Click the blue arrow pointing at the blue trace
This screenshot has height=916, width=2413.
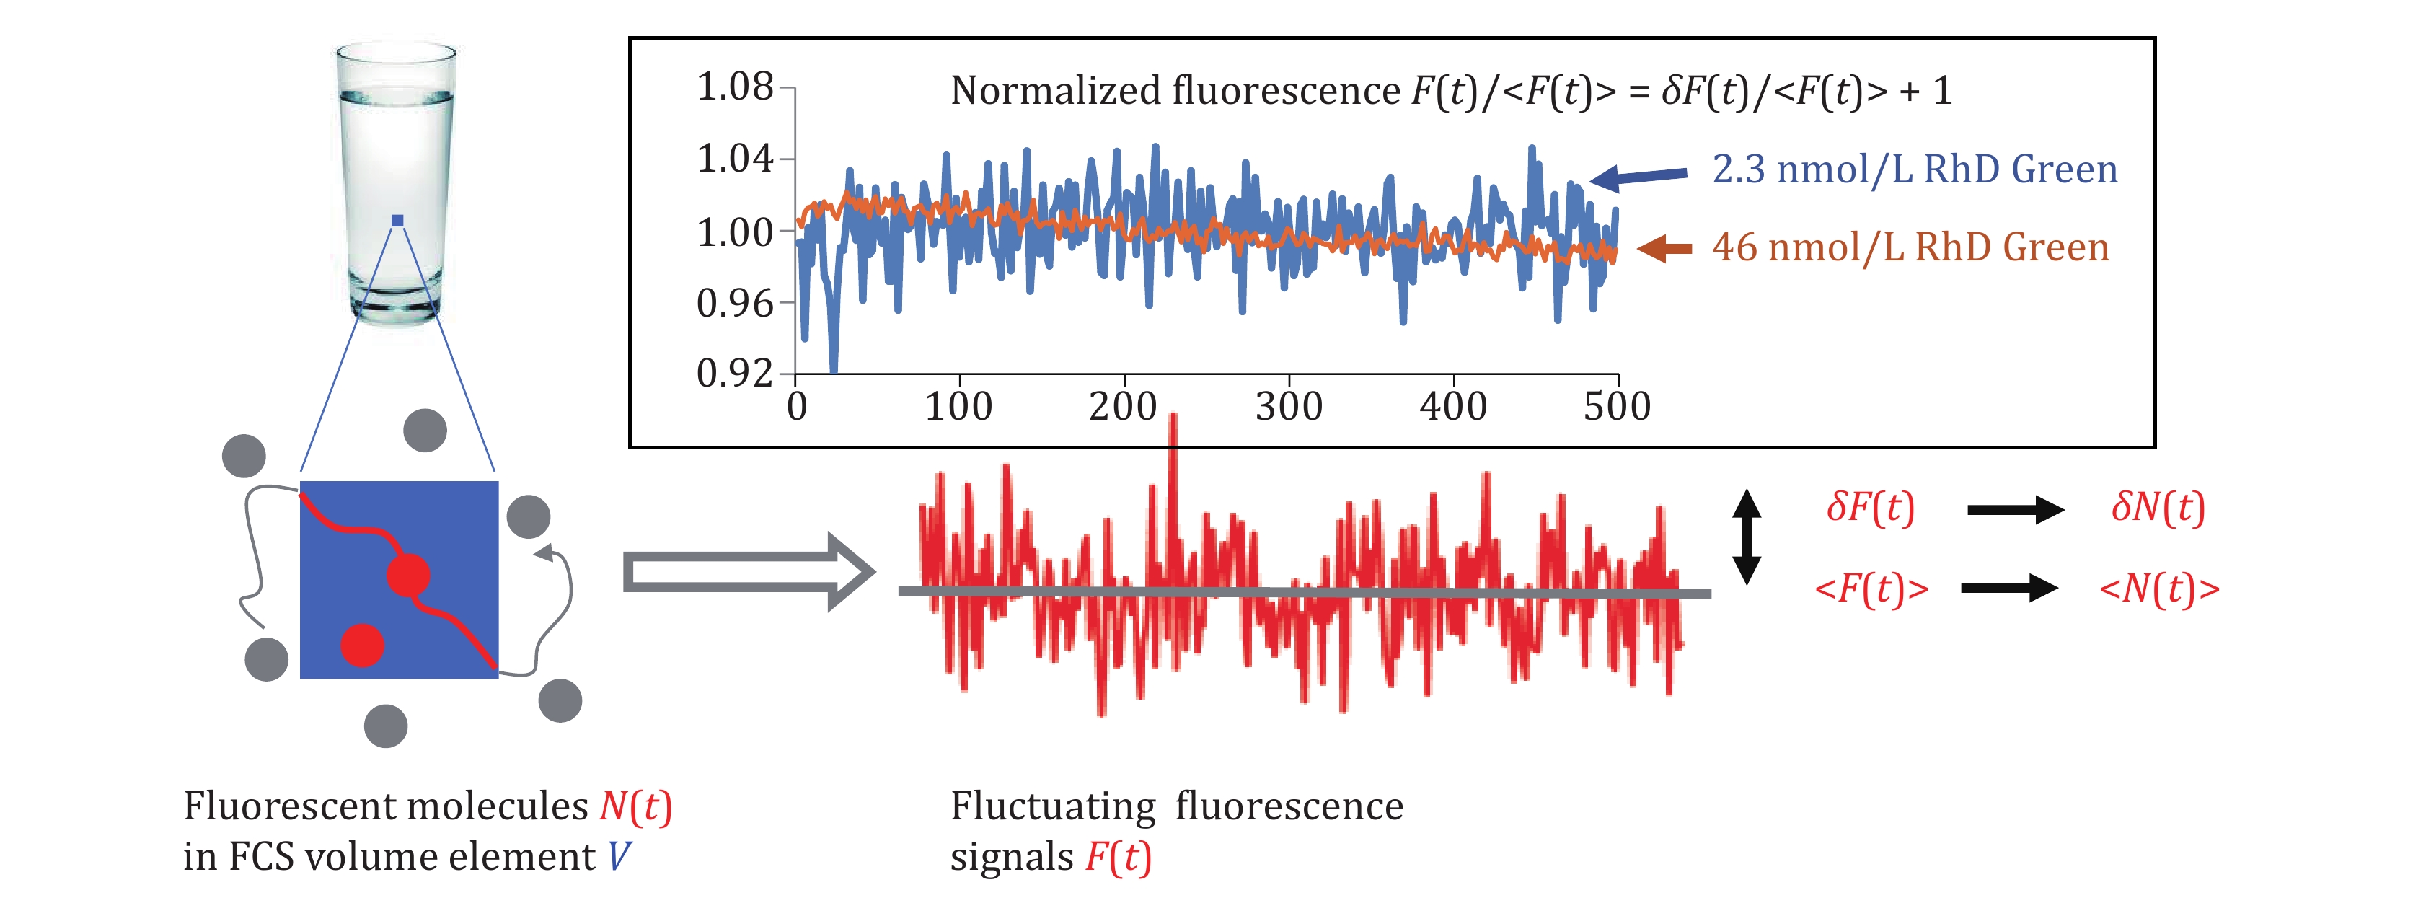point(1638,175)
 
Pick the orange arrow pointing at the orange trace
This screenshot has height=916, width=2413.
point(1664,248)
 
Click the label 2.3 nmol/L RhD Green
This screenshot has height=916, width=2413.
point(1915,169)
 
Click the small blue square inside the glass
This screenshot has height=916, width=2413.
point(397,221)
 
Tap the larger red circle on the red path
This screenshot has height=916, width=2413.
point(408,574)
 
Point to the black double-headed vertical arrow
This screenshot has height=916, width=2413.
point(1746,537)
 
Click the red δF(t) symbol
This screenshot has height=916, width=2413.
point(1871,508)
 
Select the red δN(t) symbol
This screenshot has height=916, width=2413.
point(2157,508)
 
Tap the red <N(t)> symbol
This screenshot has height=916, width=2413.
point(2159,589)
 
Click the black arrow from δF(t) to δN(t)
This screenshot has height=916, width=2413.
point(2015,511)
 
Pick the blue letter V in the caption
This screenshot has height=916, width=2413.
point(618,857)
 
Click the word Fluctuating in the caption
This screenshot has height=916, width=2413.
point(1053,806)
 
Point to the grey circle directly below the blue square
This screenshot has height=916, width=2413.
point(386,726)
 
